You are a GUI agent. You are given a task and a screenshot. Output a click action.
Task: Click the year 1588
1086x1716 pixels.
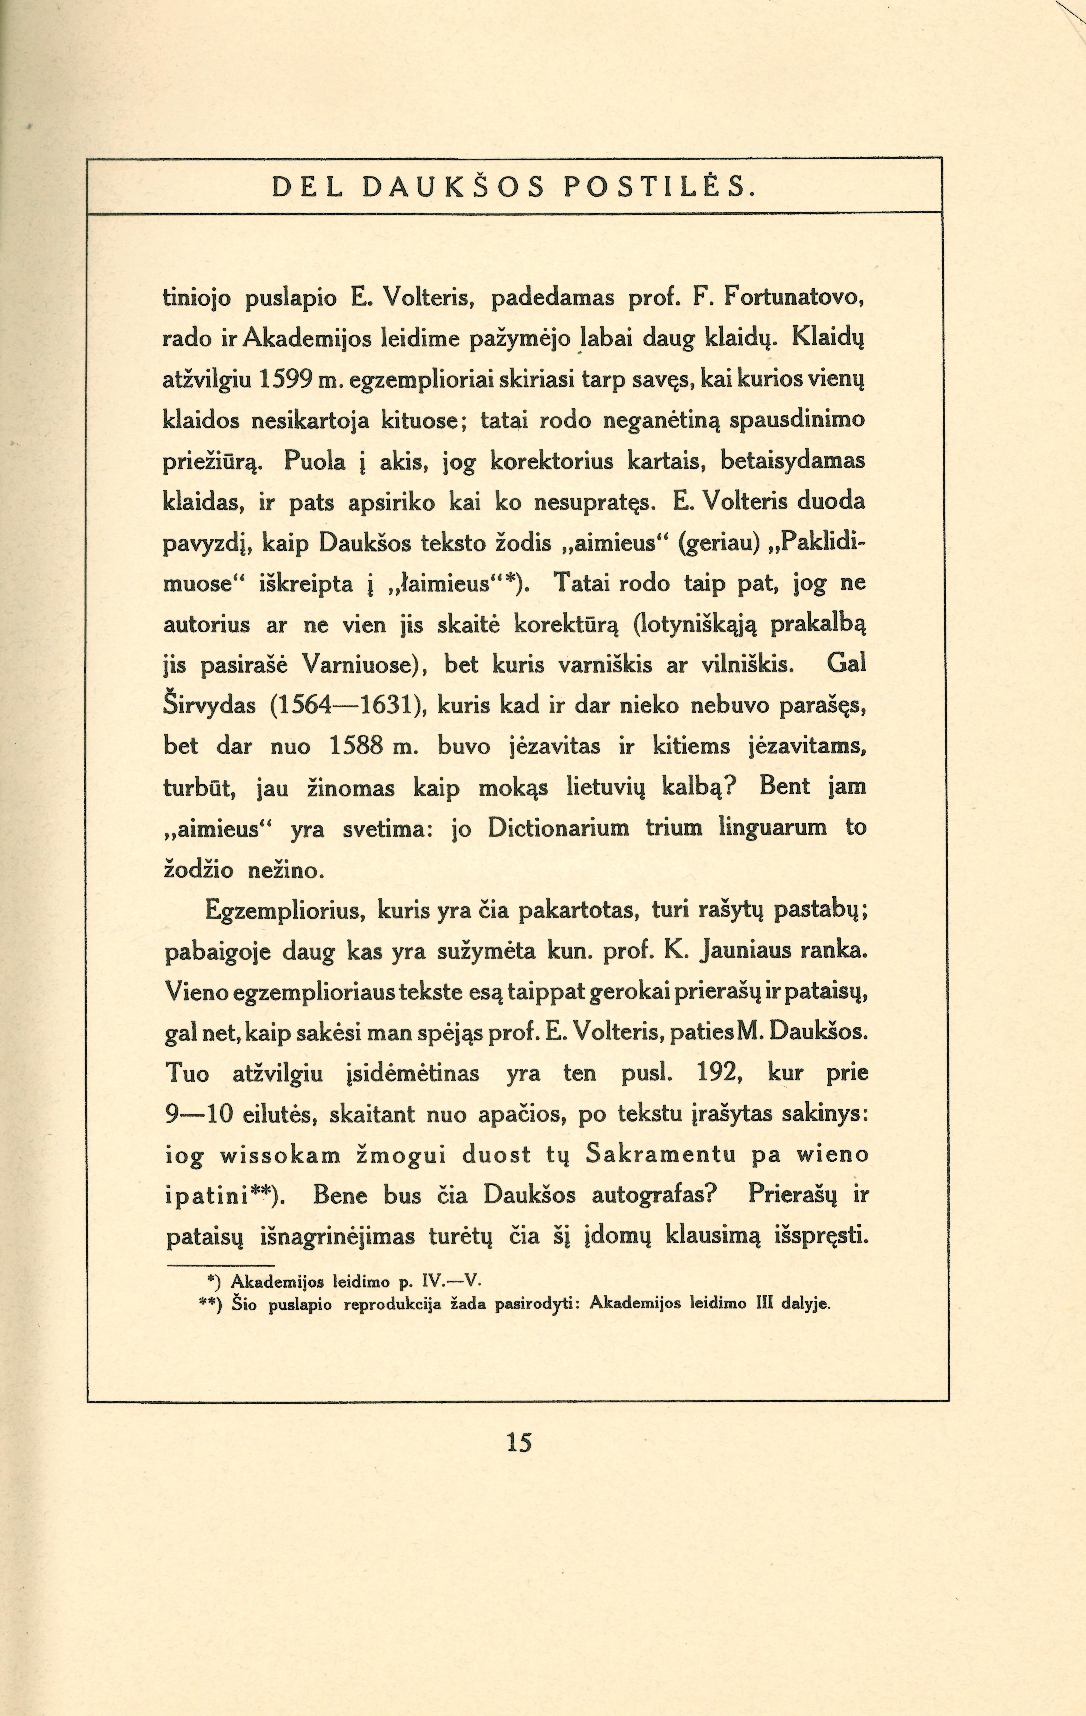pos(360,748)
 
